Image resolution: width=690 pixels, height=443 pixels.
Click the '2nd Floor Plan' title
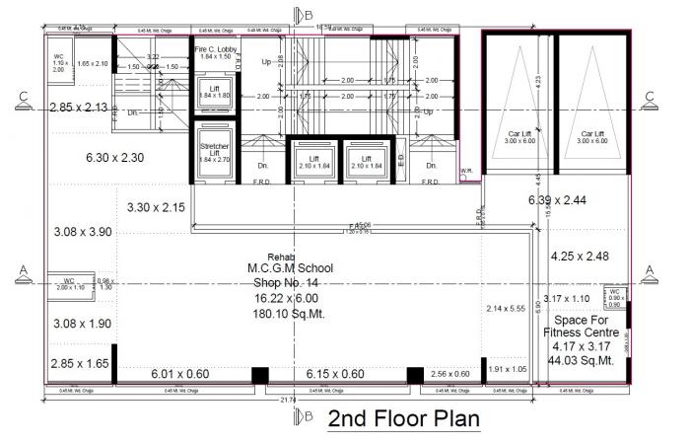pyautogui.click(x=403, y=417)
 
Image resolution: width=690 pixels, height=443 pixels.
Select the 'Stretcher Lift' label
pyautogui.click(x=214, y=151)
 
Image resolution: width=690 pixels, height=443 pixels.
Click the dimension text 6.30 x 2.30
pyautogui.click(x=114, y=156)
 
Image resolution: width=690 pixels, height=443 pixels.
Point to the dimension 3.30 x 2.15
pyautogui.click(x=156, y=207)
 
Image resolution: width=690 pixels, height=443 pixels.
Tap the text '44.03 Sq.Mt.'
pyautogui.click(x=585, y=361)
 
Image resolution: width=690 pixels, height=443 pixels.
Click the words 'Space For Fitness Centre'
pyautogui.click(x=585, y=327)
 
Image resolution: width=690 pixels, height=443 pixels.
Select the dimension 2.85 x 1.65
pyautogui.click(x=80, y=364)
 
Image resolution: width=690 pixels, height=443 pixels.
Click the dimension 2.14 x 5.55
pyautogui.click(x=507, y=309)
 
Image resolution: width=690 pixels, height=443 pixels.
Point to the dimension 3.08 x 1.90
pyautogui.click(x=84, y=323)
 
